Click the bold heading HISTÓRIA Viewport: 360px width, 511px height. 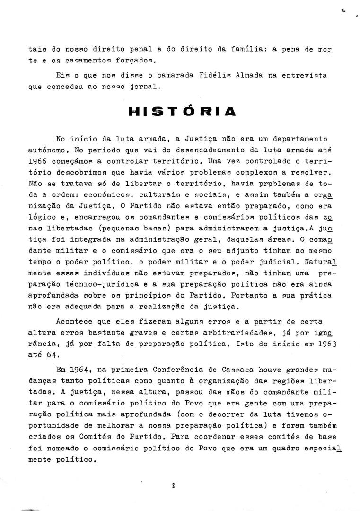click(182, 111)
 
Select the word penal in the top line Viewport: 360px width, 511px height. click(127, 49)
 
